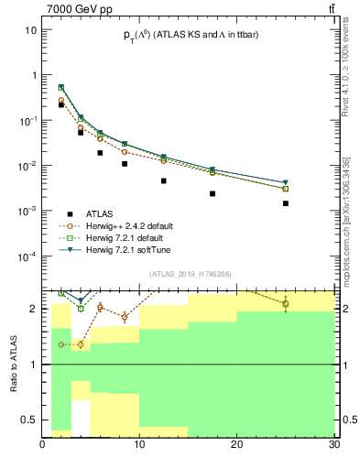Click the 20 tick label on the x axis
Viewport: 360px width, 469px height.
tap(237, 445)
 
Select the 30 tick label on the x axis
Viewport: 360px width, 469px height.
tap(333, 445)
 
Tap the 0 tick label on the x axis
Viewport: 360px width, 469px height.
tap(43, 445)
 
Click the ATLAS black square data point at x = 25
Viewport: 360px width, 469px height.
tap(286, 203)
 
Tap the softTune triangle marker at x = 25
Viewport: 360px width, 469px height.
tap(286, 183)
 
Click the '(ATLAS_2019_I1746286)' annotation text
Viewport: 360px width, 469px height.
tap(189, 273)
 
